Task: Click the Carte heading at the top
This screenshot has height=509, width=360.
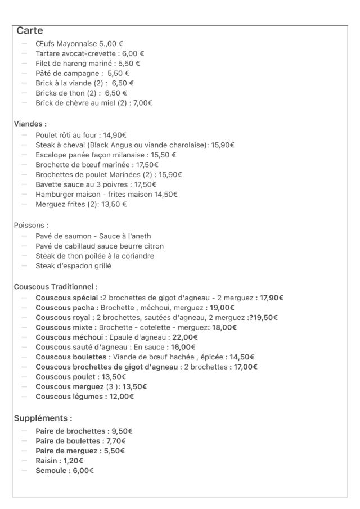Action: (29, 31)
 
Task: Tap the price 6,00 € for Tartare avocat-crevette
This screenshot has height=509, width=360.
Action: (133, 53)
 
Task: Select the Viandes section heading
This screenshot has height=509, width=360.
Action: (30, 123)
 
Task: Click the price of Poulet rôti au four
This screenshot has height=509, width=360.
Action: (115, 135)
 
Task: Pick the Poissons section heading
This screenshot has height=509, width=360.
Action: (31, 225)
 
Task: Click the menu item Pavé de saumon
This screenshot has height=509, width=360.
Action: (61, 236)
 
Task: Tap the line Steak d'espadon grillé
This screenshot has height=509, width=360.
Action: (73, 266)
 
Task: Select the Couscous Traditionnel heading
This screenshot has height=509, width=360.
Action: (56, 287)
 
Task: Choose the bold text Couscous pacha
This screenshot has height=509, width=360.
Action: (66, 308)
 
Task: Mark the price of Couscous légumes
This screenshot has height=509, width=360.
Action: (121, 397)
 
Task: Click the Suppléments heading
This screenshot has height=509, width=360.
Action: (43, 418)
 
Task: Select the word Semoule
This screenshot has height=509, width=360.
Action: (51, 471)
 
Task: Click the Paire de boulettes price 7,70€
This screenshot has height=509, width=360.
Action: (116, 441)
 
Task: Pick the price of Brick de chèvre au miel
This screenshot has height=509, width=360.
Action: (143, 103)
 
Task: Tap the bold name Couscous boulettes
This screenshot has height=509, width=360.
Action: (71, 357)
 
